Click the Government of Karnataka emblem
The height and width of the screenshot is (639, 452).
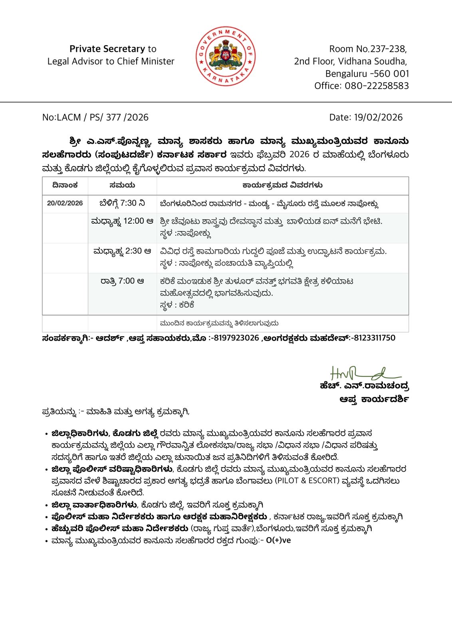click(226, 56)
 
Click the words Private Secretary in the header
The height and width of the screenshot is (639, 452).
click(107, 49)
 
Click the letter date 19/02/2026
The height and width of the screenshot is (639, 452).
click(378, 117)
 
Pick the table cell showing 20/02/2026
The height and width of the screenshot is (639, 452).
click(65, 203)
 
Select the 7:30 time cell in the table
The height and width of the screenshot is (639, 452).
click(122, 203)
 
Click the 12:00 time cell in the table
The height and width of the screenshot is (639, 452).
click(122, 221)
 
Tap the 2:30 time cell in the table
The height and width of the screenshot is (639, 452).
click(122, 251)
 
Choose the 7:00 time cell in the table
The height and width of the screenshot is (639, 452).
click(122, 281)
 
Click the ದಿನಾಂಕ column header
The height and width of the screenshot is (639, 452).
click(65, 185)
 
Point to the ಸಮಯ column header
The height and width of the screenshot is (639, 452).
click(122, 185)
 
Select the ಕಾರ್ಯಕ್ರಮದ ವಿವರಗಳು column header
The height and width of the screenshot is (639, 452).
click(282, 185)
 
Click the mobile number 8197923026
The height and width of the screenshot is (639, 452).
click(236, 338)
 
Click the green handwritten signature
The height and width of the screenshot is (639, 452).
click(364, 373)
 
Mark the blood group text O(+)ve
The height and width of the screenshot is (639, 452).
click(278, 540)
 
